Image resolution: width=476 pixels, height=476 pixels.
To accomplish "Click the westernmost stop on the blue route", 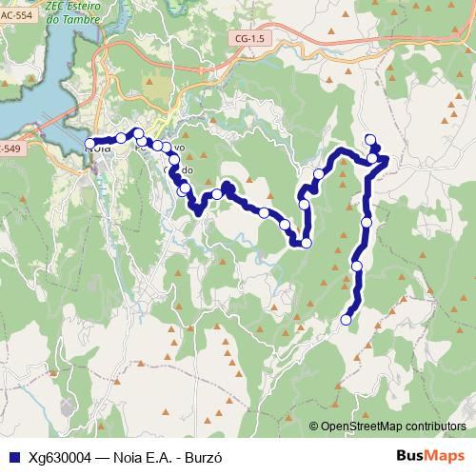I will (90, 144).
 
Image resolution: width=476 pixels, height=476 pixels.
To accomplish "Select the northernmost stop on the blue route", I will (370, 140).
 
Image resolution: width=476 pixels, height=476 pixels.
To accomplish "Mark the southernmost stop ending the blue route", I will (347, 320).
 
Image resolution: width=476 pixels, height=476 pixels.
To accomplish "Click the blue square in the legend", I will (13, 456).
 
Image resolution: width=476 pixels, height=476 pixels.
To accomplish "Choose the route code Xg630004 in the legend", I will (60, 456).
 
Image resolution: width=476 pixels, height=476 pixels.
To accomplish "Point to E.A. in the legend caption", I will (160, 456).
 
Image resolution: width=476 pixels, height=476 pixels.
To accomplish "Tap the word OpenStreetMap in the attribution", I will (363, 427).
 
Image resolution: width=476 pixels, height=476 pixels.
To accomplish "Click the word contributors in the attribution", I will (435, 427).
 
